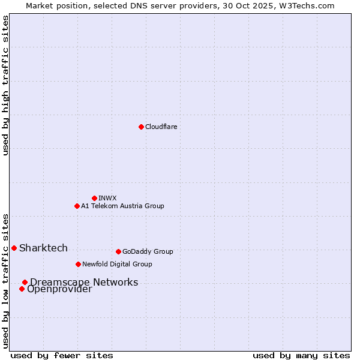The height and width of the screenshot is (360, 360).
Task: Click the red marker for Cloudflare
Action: click(141, 127)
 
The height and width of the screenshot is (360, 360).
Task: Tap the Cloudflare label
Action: click(161, 127)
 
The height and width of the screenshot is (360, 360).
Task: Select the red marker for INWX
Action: click(94, 198)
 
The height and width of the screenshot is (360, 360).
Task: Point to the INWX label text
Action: click(107, 198)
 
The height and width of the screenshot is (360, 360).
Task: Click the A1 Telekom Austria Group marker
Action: click(77, 206)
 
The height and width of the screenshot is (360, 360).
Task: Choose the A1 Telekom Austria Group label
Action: click(122, 206)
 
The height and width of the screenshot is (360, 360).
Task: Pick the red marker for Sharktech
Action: click(14, 248)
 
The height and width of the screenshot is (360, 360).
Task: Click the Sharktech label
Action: click(43, 248)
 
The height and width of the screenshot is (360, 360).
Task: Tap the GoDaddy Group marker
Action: click(118, 251)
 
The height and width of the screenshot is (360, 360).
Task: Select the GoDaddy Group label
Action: click(148, 251)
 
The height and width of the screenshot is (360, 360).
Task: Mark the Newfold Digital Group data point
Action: click(78, 264)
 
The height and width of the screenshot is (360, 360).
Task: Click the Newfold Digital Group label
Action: click(117, 264)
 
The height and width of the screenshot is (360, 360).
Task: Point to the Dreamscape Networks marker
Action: click(25, 282)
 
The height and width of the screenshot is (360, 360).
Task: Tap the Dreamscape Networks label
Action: click(84, 282)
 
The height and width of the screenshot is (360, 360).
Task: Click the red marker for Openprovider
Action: click(22, 289)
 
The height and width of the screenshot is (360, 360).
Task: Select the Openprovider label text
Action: click(59, 289)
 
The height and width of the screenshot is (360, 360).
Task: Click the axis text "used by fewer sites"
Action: click(62, 355)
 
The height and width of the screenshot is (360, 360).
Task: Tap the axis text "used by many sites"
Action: click(301, 355)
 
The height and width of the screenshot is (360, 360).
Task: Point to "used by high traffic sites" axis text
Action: click(5, 85)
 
